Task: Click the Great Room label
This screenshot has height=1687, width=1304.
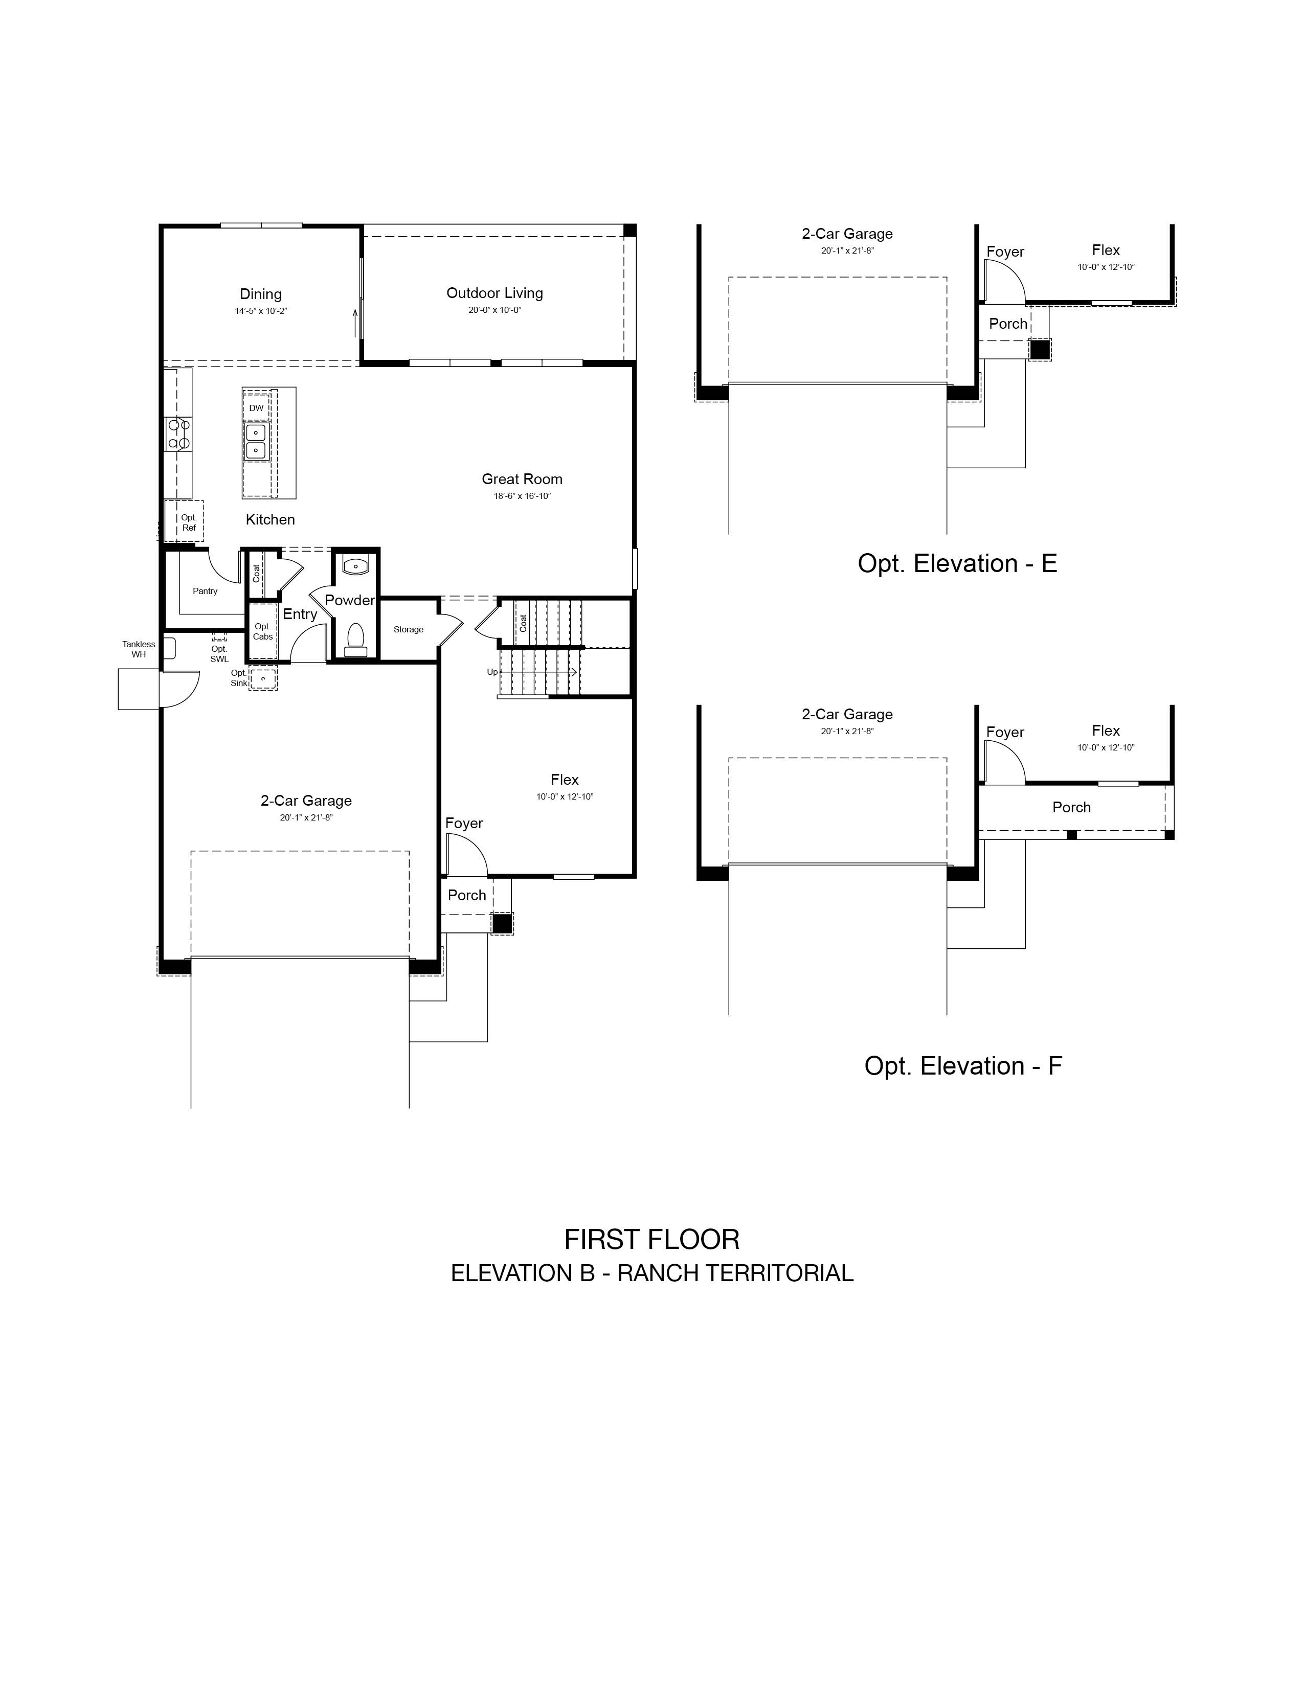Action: pyautogui.click(x=522, y=479)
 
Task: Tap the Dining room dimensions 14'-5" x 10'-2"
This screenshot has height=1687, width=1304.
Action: pyautogui.click(x=261, y=311)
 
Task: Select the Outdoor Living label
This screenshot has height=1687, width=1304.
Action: pyautogui.click(x=494, y=293)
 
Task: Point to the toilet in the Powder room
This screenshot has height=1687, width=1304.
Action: pyautogui.click(x=355, y=640)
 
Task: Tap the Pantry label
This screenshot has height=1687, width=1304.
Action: pyautogui.click(x=206, y=591)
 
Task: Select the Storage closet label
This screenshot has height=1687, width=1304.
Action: pyautogui.click(x=409, y=629)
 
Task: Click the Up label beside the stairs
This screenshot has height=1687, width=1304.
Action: pyautogui.click(x=492, y=672)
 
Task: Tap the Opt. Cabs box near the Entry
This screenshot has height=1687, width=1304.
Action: pyautogui.click(x=263, y=630)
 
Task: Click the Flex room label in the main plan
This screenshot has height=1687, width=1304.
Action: pyautogui.click(x=565, y=780)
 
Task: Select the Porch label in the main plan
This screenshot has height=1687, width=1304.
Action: pyautogui.click(x=467, y=895)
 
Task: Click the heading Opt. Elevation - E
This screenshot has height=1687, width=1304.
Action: pyautogui.click(x=957, y=564)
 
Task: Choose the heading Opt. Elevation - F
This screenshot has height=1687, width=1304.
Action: pyautogui.click(x=963, y=1066)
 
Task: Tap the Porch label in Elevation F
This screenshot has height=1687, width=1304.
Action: pyautogui.click(x=1071, y=807)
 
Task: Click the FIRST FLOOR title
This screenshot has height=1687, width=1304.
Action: pyautogui.click(x=652, y=1240)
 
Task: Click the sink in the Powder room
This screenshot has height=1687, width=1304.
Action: pyautogui.click(x=355, y=566)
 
